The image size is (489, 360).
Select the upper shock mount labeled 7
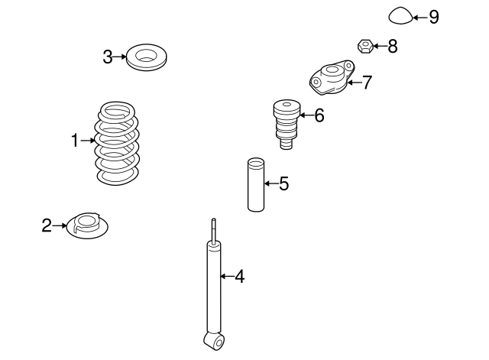pyautogui.click(x=331, y=79)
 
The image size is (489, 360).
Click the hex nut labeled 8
pyautogui.click(x=365, y=47)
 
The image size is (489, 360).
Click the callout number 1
pyautogui.click(x=75, y=140)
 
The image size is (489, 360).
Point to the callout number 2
pyautogui.click(x=46, y=225)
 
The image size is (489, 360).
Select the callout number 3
pyautogui.click(x=108, y=57)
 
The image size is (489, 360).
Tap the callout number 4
pyautogui.click(x=239, y=277)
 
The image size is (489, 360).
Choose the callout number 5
pyautogui.click(x=283, y=183)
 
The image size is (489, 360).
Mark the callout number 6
pyautogui.click(x=319, y=115)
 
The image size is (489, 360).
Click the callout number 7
pyautogui.click(x=368, y=83)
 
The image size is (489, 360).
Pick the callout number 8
pyautogui.click(x=392, y=47)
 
